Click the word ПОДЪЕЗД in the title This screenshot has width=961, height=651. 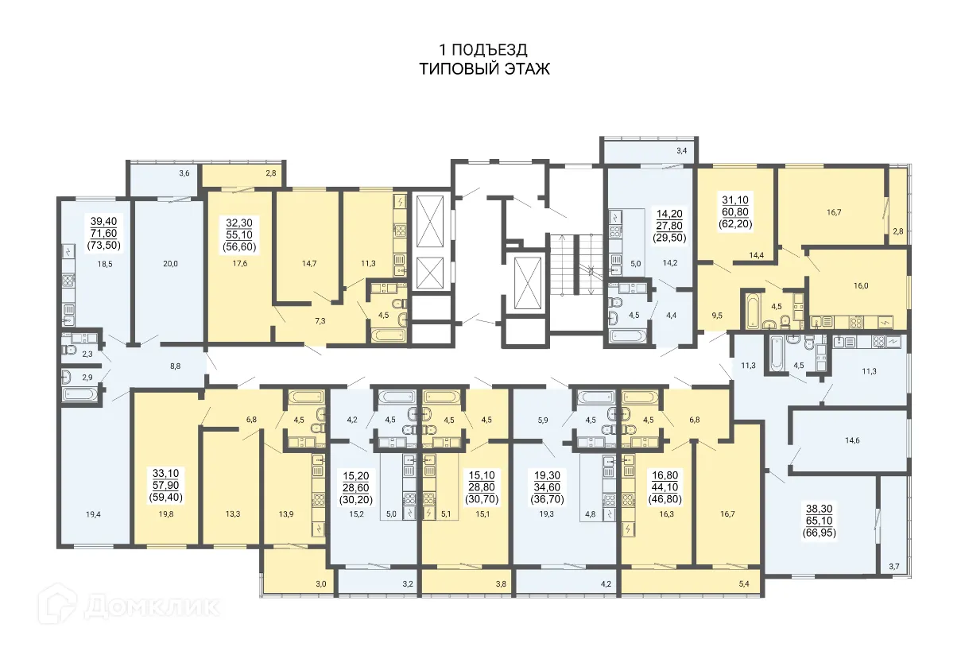click(490, 50)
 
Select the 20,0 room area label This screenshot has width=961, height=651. click(170, 264)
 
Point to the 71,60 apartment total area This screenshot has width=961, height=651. click(104, 234)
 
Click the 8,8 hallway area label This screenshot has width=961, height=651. click(175, 366)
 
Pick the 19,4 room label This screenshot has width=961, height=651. click(93, 514)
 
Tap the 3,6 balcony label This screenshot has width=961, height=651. click(184, 173)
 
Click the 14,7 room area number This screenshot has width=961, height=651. click(309, 263)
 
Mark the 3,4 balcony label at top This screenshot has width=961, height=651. click(682, 150)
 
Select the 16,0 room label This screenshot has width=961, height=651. click(861, 286)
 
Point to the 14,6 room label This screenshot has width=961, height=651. click(852, 440)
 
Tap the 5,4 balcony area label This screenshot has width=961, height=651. click(744, 583)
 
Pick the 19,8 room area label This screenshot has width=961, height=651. click(166, 514)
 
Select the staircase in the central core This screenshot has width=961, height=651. click(576, 265)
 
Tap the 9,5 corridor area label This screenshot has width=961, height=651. click(717, 316)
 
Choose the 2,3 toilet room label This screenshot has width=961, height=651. click(87, 354)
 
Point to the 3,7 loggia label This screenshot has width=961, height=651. click(894, 567)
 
